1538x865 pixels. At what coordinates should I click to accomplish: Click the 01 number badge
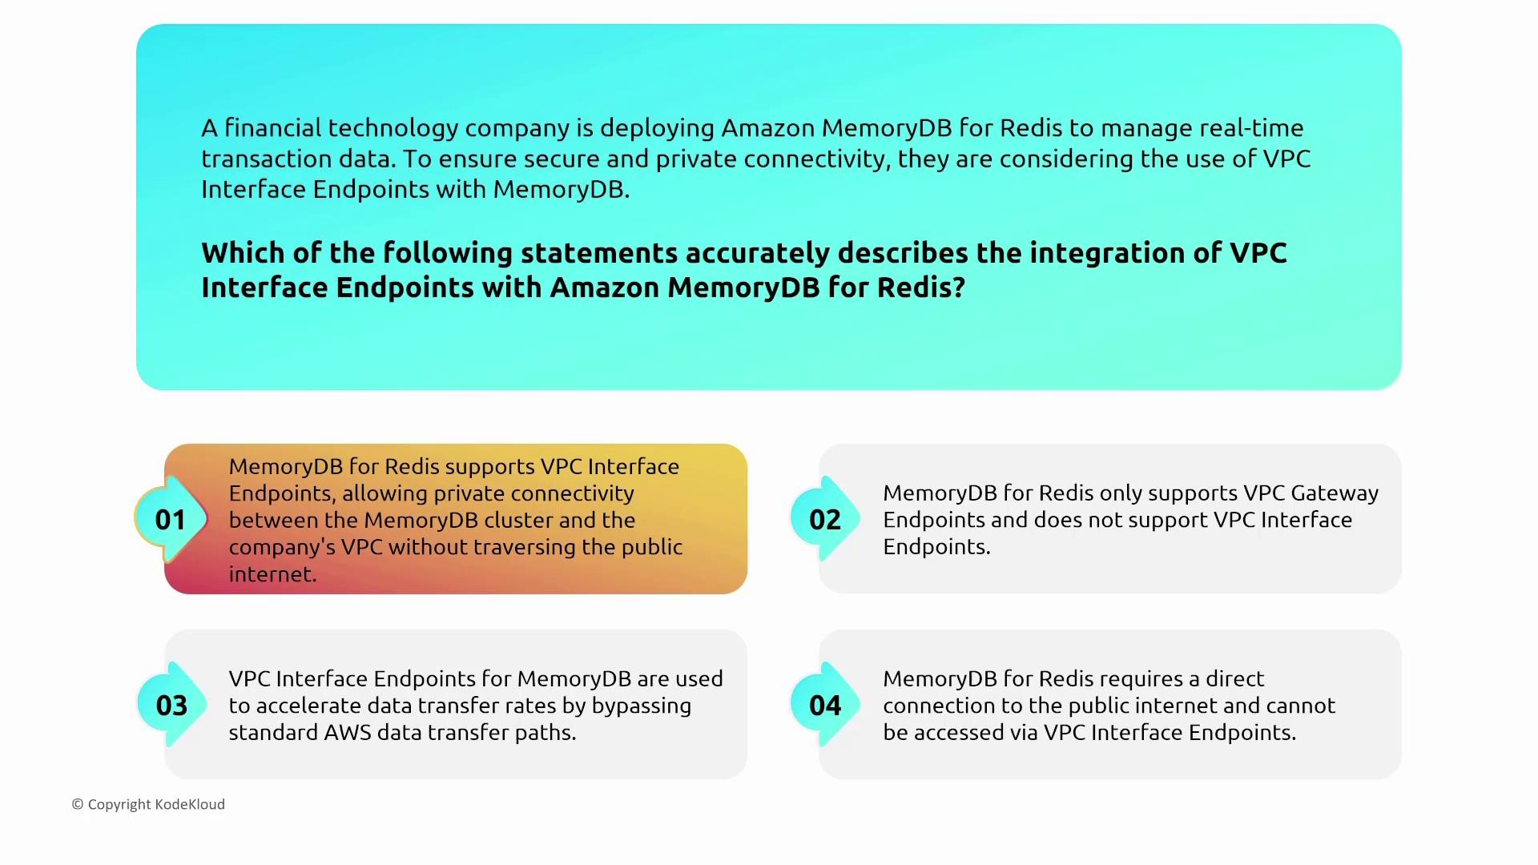[x=171, y=520]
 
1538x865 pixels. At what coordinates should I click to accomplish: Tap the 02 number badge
[x=825, y=520]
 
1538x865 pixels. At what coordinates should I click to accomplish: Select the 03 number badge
[x=171, y=706]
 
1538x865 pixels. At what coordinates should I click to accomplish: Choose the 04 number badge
[x=825, y=706]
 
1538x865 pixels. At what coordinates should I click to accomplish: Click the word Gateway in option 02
[x=1335, y=493]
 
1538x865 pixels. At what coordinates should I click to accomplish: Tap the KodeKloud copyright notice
[x=148, y=804]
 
